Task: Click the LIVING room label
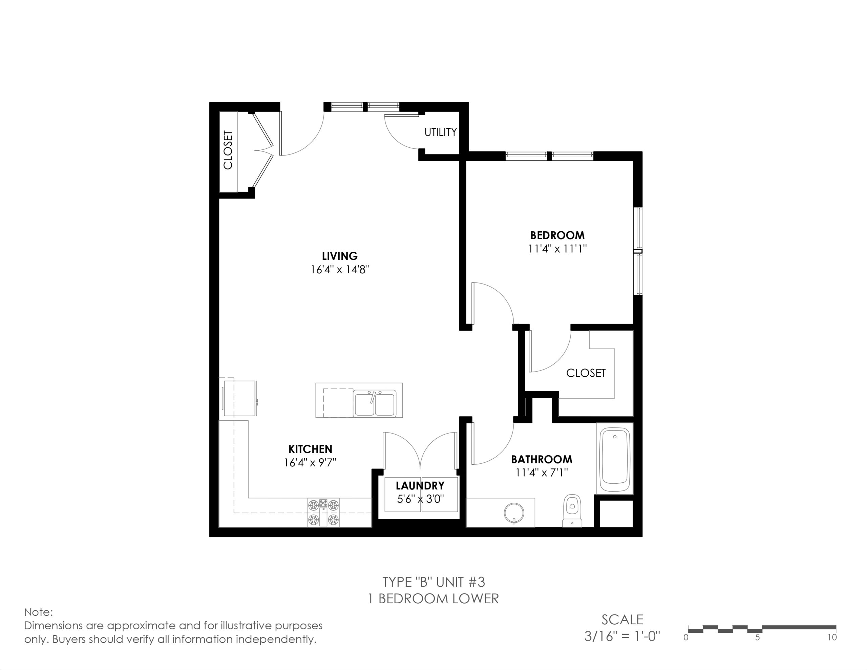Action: [339, 256]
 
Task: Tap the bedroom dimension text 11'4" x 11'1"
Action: [557, 249]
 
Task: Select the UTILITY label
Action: [441, 132]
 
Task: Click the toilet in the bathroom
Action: [572, 511]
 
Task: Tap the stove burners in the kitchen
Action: [323, 512]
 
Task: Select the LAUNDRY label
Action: [420, 486]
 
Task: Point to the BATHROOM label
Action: [542, 460]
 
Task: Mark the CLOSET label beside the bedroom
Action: [586, 373]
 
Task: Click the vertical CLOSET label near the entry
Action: [228, 150]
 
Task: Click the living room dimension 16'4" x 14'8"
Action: [340, 270]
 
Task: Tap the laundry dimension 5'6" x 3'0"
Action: [420, 499]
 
